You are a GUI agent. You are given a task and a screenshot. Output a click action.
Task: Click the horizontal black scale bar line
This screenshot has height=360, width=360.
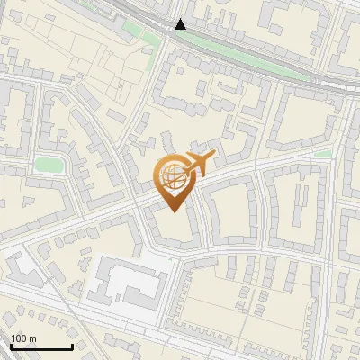click(x=41, y=346)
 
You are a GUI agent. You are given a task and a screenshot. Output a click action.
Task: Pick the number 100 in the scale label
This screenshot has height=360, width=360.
click(x=19, y=338)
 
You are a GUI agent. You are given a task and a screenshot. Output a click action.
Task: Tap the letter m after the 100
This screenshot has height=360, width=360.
click(x=32, y=338)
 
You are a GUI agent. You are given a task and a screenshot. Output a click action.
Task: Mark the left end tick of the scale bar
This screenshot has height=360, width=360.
click(x=11, y=345)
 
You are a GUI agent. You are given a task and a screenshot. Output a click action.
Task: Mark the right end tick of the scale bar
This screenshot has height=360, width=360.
click(x=72, y=345)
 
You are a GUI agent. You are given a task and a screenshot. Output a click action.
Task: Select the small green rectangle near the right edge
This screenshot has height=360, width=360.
click(x=324, y=154)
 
